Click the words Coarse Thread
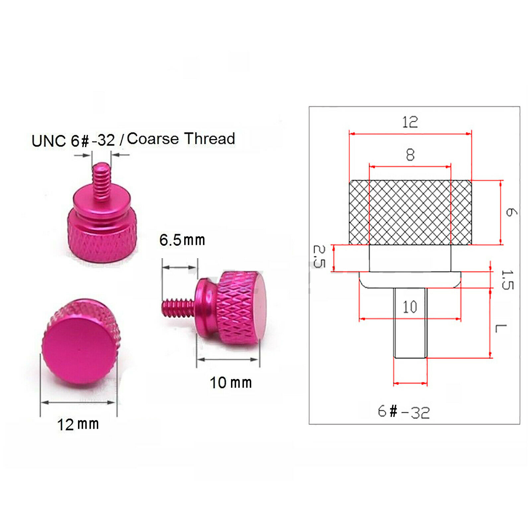[x=181, y=138]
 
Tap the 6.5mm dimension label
[x=182, y=240]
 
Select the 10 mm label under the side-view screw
[x=231, y=383]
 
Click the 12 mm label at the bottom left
[x=78, y=424]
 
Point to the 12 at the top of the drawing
[x=410, y=122]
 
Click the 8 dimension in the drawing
[x=410, y=155]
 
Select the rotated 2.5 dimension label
[x=319, y=256]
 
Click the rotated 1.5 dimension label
[x=507, y=280]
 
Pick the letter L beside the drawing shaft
[x=500, y=329]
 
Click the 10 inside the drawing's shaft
[x=410, y=307]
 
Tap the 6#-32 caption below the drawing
[x=404, y=412]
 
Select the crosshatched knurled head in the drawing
[x=410, y=212]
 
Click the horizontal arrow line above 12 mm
[x=78, y=402]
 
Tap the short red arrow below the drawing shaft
[x=410, y=383]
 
